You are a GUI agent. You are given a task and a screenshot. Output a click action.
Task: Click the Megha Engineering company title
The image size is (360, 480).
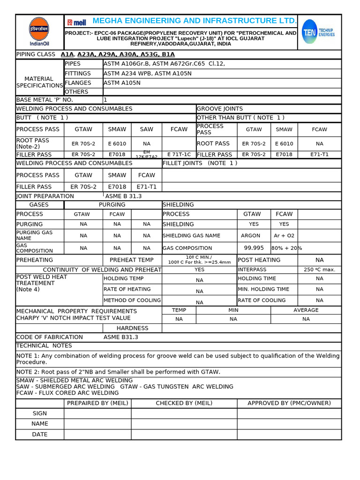tap(194, 21)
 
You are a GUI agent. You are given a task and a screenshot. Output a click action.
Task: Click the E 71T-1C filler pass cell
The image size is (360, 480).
tap(179, 154)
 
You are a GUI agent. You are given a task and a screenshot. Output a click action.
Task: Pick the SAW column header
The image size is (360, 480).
tap(147, 129)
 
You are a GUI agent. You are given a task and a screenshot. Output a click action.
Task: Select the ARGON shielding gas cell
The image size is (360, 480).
tap(250, 236)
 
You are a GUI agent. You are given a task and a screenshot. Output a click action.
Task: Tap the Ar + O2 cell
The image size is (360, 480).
tap(284, 236)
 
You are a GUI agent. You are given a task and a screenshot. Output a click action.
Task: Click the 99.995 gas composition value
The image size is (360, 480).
tap(254, 248)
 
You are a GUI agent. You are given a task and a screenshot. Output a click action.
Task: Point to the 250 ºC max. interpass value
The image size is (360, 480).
tap(319, 270)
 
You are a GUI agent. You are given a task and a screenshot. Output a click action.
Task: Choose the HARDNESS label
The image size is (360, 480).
tap(132, 328)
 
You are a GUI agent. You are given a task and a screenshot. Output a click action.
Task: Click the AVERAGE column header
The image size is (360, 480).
tap(306, 310)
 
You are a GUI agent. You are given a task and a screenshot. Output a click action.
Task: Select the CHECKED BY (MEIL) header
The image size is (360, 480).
tap(184, 403)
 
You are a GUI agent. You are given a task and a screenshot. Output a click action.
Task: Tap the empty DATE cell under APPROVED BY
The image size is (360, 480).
tap(289, 435)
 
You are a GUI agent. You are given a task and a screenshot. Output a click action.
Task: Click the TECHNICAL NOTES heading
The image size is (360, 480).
tap(44, 346)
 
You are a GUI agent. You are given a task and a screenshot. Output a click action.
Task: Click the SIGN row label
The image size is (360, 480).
tap(40, 413)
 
